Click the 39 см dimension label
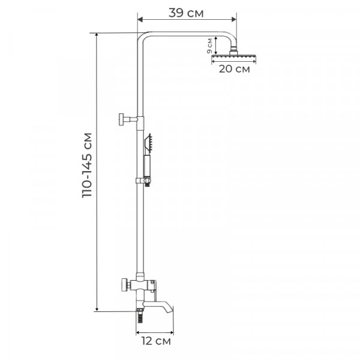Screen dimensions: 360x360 186,13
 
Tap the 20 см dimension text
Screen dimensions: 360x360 234,69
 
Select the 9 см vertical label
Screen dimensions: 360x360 209,46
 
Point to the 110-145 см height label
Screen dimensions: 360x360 87,165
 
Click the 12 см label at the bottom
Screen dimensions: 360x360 156,341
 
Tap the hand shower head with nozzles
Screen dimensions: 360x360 148,144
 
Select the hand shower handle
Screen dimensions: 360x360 147,166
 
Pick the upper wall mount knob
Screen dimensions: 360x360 128,119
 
